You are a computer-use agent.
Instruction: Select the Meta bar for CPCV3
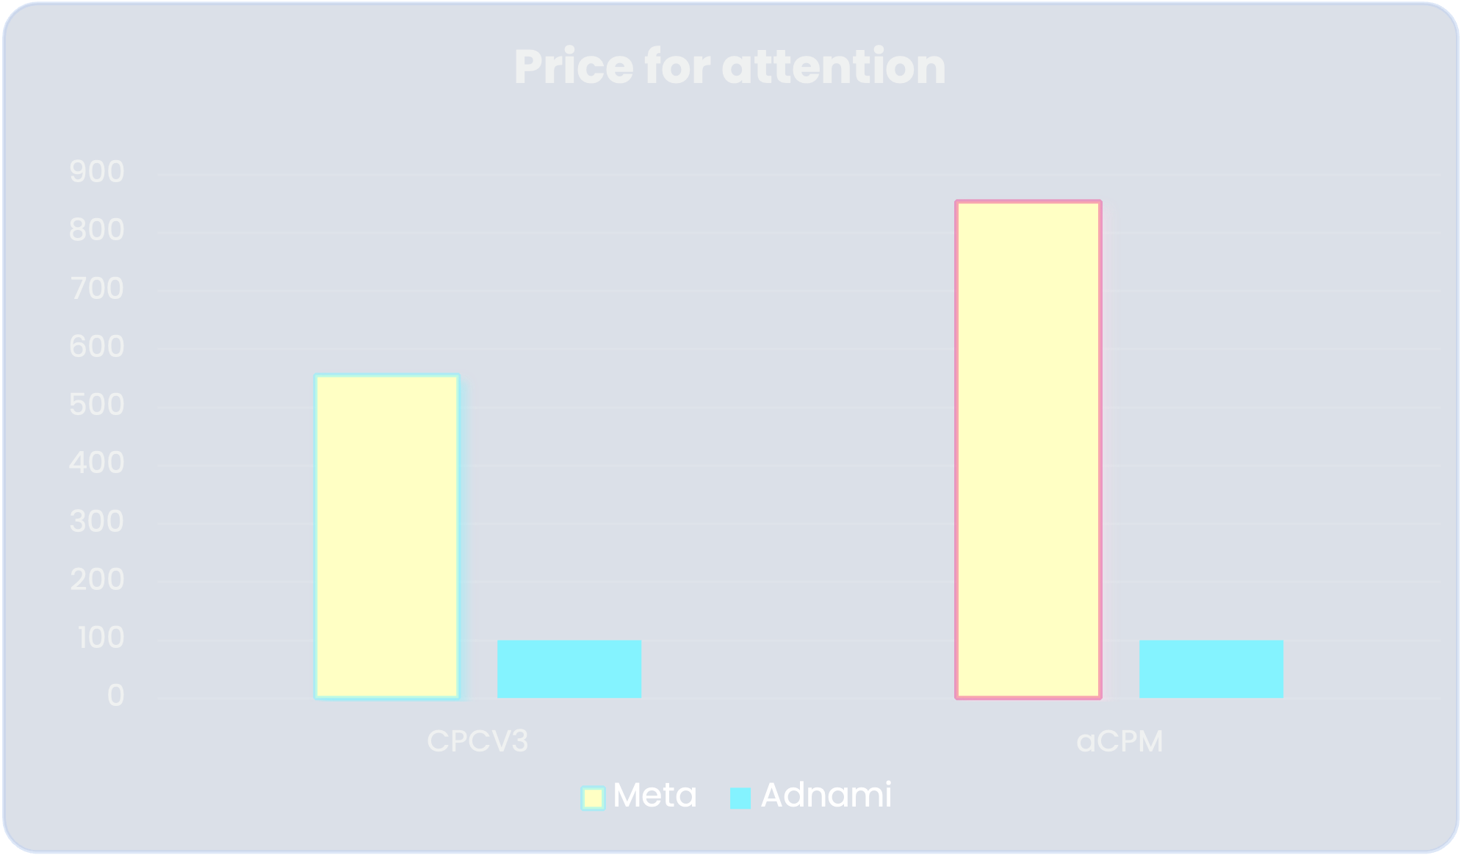point(387,536)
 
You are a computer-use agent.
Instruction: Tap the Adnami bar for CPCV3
point(569,668)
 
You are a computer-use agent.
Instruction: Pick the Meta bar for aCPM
point(1028,450)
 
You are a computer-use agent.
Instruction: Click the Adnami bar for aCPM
point(1211,668)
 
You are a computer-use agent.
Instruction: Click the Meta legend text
point(655,796)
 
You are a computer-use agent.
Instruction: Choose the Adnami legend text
point(826,796)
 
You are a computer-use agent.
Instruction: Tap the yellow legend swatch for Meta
point(593,798)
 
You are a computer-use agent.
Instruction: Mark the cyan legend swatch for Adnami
point(740,798)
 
